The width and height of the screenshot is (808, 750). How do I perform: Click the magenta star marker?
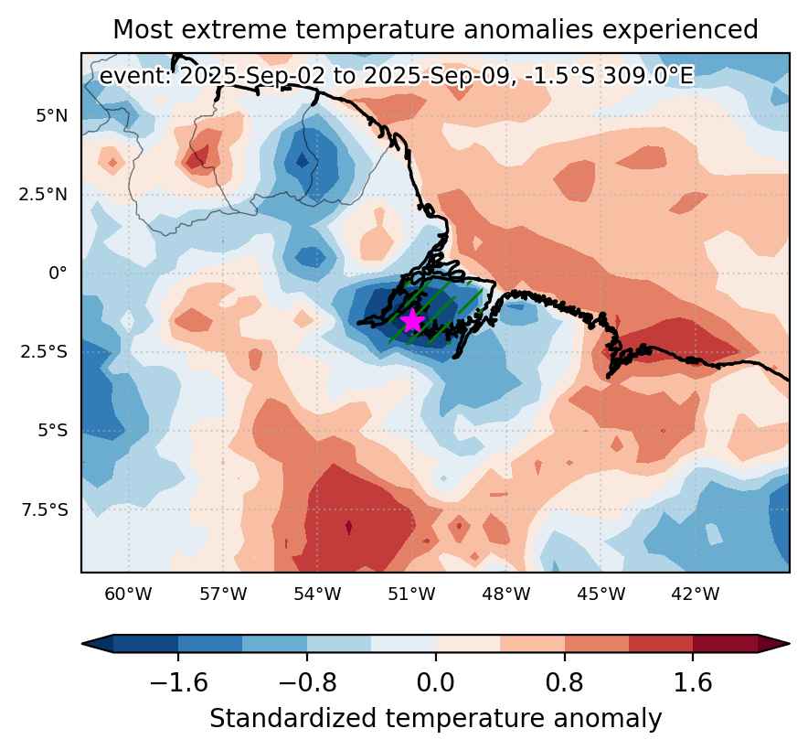[x=412, y=321]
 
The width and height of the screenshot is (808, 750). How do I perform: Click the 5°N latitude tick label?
[x=51, y=116]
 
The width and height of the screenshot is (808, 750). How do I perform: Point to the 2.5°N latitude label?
[x=43, y=195]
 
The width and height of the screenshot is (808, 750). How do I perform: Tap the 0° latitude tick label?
[x=58, y=273]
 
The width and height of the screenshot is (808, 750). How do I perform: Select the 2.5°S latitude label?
[x=44, y=352]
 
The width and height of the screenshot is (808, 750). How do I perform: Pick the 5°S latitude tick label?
[x=52, y=430]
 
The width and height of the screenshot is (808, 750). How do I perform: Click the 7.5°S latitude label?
[x=44, y=509]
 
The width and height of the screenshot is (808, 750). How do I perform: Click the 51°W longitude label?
[x=411, y=595]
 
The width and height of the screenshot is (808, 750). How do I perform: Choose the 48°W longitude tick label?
[x=506, y=595]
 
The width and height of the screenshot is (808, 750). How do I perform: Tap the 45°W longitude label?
[x=601, y=595]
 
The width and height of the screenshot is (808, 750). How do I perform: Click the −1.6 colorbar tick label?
[x=178, y=682]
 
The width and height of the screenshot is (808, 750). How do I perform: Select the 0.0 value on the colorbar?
[x=436, y=682]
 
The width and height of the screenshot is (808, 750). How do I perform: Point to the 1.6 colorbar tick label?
[x=693, y=682]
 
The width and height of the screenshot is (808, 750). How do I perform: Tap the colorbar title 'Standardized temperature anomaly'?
[x=435, y=719]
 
